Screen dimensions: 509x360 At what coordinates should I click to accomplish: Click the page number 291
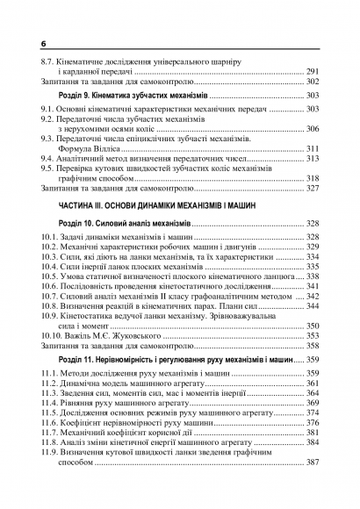point(313,71)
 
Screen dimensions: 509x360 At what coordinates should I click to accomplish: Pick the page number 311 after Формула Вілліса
point(313,149)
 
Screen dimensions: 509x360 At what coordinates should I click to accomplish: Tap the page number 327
point(313,189)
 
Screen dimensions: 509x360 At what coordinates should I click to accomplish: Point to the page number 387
point(313,462)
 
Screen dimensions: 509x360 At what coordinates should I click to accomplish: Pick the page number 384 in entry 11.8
point(313,442)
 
